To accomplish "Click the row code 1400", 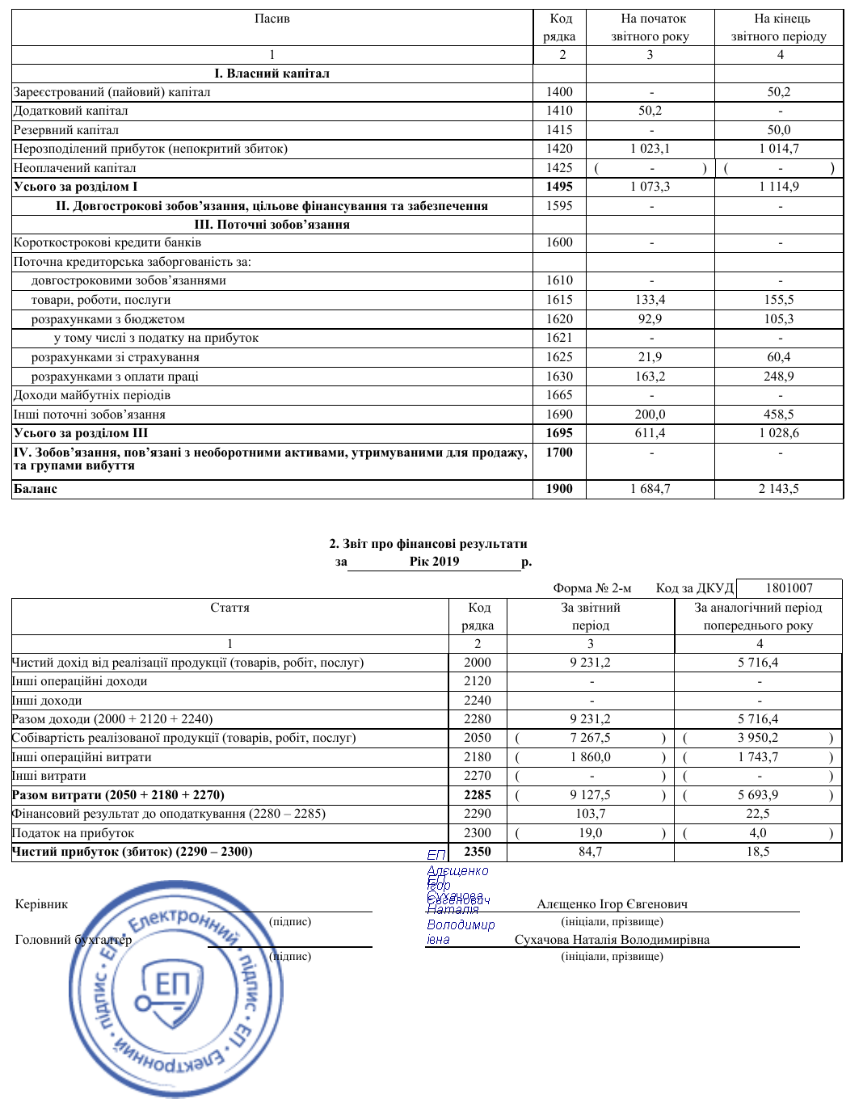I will pos(559,92).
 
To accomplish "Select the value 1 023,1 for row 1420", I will pos(650,149).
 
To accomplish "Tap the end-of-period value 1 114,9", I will pos(779,187).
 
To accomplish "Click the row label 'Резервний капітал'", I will pos(66,130).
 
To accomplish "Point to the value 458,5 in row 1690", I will pos(779,415).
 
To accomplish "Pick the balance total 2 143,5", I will pos(779,489).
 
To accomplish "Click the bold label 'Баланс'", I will pos(36,489).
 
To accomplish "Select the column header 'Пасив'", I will pos(272,19).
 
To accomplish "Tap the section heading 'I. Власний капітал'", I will pos(272,74).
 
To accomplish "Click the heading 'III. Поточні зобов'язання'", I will pos(272,225).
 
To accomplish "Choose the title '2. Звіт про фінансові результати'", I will pos(427,544).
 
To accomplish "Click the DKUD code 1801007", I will pos(789,588).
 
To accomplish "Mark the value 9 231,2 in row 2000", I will pos(590,663).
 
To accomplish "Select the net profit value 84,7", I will pos(590,852).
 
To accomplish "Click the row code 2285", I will pos(478,795).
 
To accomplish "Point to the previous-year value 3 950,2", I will pos(758,738).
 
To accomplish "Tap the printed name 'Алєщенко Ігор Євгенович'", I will pos(612,904).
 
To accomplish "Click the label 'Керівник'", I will pos(41,904).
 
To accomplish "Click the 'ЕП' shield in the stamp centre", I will pos(172,987).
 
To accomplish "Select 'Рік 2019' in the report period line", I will pos(434,562).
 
